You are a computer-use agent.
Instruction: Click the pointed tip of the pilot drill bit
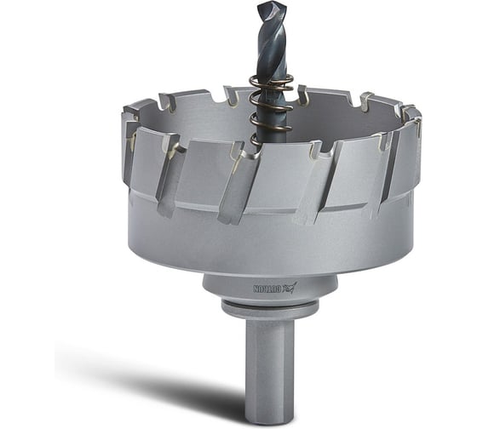tap(267, 4)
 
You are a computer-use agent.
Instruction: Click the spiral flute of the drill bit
tap(271, 38)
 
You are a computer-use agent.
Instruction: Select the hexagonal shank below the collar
tap(270, 366)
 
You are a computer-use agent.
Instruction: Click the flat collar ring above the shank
tap(270, 309)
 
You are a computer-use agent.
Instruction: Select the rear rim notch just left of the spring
tap(232, 95)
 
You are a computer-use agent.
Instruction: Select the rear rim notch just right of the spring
tap(303, 95)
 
